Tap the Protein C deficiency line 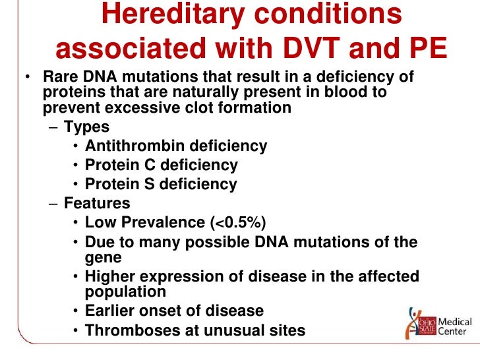(161, 165)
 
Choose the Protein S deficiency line (161, 185)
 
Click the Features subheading (97, 203)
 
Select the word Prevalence (164, 223)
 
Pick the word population (125, 291)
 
